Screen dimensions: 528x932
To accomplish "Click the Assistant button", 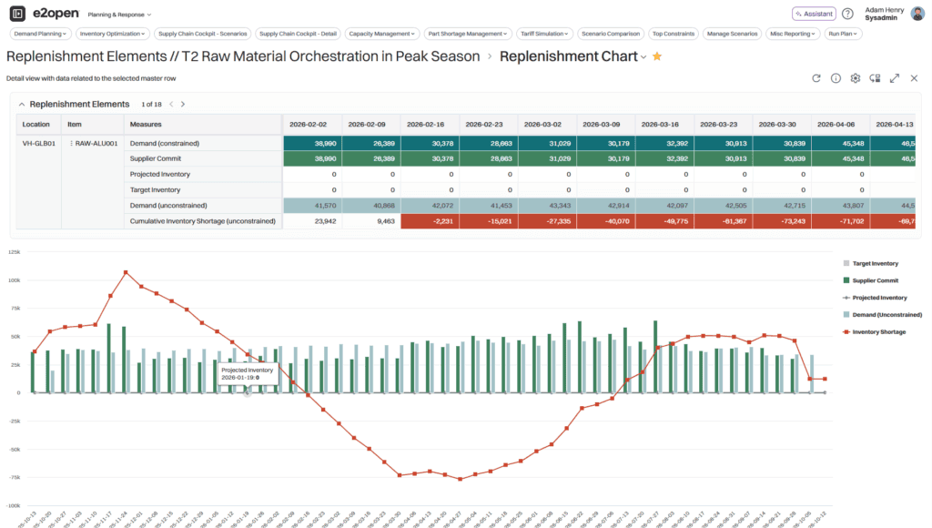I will point(814,14).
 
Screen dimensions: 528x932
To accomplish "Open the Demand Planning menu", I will point(39,34).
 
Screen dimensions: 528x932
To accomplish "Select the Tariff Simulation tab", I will point(542,34).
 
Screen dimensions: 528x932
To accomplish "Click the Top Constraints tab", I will point(673,34).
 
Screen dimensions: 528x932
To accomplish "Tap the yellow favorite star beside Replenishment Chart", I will point(657,56).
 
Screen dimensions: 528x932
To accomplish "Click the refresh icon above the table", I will point(816,78).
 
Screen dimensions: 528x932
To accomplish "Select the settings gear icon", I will point(856,78).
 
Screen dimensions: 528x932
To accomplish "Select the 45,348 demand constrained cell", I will point(842,144).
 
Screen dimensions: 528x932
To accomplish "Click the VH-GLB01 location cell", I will point(39,144).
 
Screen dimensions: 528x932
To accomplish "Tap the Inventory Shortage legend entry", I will point(878,332).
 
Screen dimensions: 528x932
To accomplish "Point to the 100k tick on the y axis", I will point(15,280).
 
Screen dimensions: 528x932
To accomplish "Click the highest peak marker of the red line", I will point(126,272).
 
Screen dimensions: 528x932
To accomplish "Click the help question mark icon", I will point(847,14).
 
